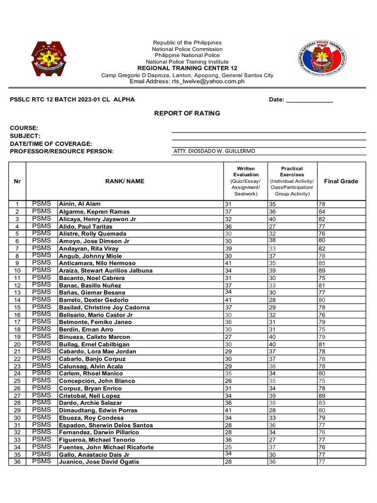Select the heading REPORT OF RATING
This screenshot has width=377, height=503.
pyautogui.click(x=187, y=113)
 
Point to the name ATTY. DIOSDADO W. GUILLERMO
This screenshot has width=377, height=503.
pyautogui.click(x=215, y=151)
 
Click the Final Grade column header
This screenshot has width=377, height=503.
pyautogui.click(x=341, y=181)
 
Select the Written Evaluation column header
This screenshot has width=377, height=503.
pyautogui.click(x=246, y=181)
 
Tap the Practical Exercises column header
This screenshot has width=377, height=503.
pyautogui.click(x=292, y=181)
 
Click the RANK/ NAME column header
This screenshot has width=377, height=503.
pyautogui.click(x=125, y=181)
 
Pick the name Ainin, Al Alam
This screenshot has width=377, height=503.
pyautogui.click(x=80, y=204)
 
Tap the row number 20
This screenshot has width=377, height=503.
pyautogui.click(x=17, y=344)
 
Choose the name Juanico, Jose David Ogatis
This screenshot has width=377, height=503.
pyautogui.click(x=99, y=462)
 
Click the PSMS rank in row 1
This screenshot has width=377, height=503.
pyautogui.click(x=42, y=203)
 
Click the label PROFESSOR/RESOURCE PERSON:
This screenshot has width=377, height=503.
pyautogui.click(x=62, y=151)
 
